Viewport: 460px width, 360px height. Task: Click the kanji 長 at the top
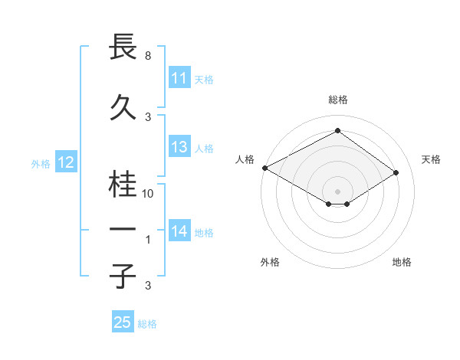(123, 46)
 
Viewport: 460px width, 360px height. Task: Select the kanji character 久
(123, 105)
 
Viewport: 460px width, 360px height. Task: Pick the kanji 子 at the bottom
(123, 275)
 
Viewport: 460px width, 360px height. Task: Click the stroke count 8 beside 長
(147, 55)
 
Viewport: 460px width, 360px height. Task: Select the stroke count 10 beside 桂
(149, 194)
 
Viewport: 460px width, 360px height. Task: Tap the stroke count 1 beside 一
(148, 240)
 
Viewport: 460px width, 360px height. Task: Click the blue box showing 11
(179, 78)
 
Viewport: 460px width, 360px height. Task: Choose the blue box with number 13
(179, 148)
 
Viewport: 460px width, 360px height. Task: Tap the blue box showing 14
(179, 232)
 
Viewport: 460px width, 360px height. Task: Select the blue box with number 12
(65, 162)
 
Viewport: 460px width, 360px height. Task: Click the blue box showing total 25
(122, 322)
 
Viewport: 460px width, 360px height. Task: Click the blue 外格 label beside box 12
(40, 163)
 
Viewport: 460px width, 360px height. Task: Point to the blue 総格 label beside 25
(147, 324)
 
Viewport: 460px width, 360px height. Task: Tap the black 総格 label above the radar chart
(337, 100)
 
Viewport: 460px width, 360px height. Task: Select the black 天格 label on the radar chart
(431, 159)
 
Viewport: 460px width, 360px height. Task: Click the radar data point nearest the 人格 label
(264, 167)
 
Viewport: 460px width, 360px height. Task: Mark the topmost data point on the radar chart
(337, 131)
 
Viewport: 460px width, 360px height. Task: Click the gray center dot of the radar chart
(337, 190)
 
